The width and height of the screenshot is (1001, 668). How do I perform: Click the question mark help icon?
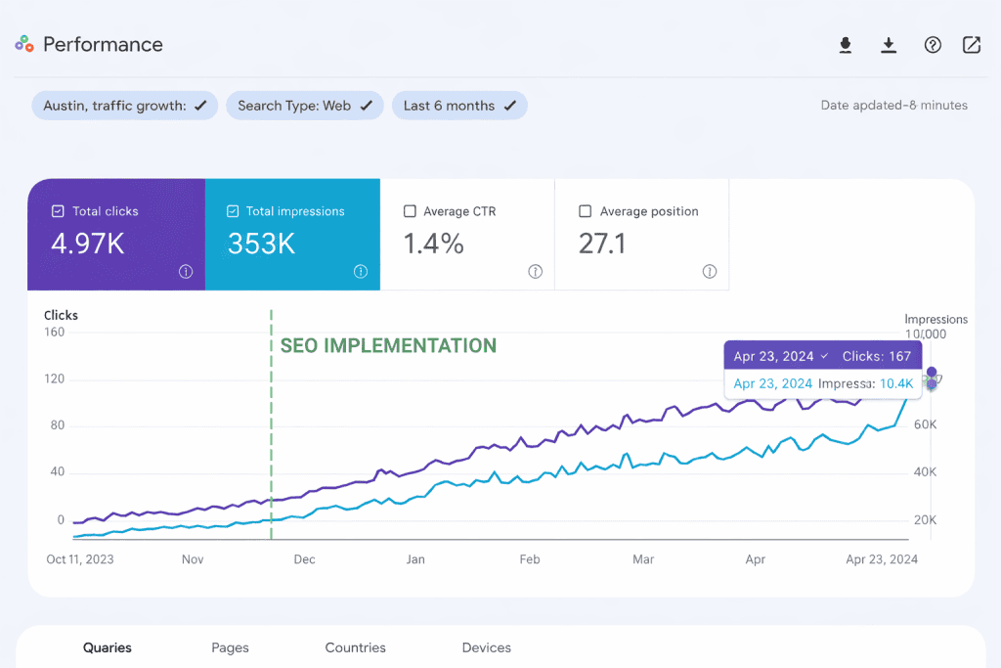[x=933, y=45]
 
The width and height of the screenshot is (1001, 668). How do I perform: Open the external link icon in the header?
[x=971, y=45]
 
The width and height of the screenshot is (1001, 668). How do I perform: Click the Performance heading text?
[x=103, y=44]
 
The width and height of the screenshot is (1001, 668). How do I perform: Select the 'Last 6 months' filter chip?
[x=459, y=106]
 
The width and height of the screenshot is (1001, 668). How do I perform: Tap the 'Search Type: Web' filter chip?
[x=304, y=106]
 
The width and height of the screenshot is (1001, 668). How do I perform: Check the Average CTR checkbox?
[x=411, y=211]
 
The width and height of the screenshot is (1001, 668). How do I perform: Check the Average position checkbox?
[x=586, y=211]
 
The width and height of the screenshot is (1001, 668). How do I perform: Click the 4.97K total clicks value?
[x=88, y=245]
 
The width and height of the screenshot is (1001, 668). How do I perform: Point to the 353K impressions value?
[x=261, y=245]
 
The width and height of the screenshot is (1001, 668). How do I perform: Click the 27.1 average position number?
[x=601, y=245]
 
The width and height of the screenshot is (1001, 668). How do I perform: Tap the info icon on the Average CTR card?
[x=535, y=272]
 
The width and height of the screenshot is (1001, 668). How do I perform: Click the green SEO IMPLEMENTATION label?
[x=388, y=346]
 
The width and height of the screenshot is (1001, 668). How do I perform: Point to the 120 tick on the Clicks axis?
[x=54, y=379]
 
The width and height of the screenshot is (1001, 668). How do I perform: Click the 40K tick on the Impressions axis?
[x=925, y=472]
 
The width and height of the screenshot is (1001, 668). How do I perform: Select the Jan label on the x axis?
[x=415, y=559]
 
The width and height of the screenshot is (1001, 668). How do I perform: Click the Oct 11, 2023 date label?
[x=80, y=559]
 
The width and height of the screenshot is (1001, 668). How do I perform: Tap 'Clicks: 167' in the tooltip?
[x=876, y=356]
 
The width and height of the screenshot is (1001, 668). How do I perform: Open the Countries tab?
[x=355, y=647]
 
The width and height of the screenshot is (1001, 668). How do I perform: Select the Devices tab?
[x=486, y=647]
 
